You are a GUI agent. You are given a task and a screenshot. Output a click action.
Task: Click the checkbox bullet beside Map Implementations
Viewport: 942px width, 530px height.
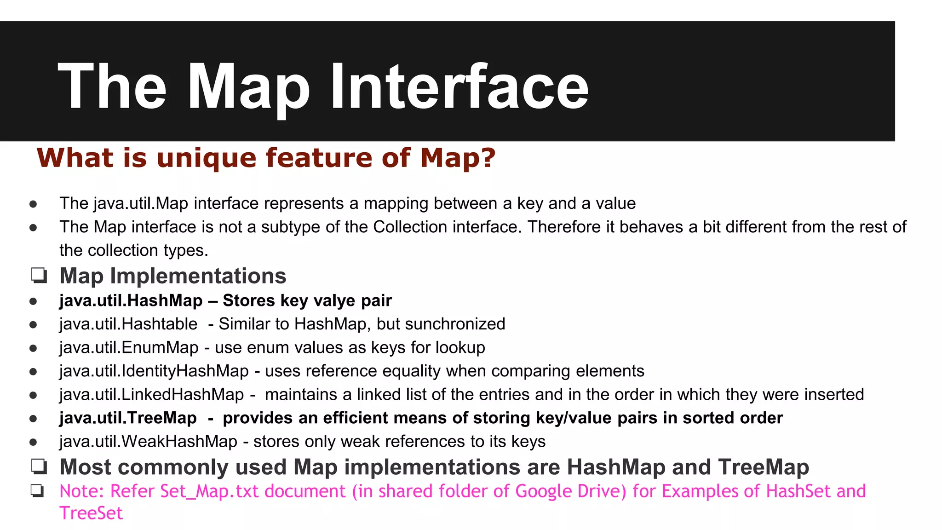click(x=39, y=276)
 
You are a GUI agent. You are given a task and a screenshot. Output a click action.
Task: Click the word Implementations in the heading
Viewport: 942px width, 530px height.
click(x=198, y=276)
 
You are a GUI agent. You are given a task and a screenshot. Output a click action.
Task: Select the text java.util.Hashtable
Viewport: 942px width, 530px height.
click(x=128, y=324)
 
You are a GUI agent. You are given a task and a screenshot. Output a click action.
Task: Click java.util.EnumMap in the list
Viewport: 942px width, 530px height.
click(x=129, y=347)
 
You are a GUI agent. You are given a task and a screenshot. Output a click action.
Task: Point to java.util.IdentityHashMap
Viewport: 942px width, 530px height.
click(x=154, y=371)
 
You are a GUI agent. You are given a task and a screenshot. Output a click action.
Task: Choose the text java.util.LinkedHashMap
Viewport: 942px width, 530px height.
click(x=152, y=394)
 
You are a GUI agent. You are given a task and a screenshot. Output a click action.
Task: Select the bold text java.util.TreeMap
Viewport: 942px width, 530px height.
click(x=128, y=418)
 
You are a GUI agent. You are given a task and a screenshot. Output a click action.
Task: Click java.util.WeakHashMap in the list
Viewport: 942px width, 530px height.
click(x=148, y=441)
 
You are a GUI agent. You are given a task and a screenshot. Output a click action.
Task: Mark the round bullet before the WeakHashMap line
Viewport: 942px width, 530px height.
click(x=33, y=442)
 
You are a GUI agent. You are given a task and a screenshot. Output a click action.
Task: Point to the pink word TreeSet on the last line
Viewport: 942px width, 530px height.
click(x=91, y=513)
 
